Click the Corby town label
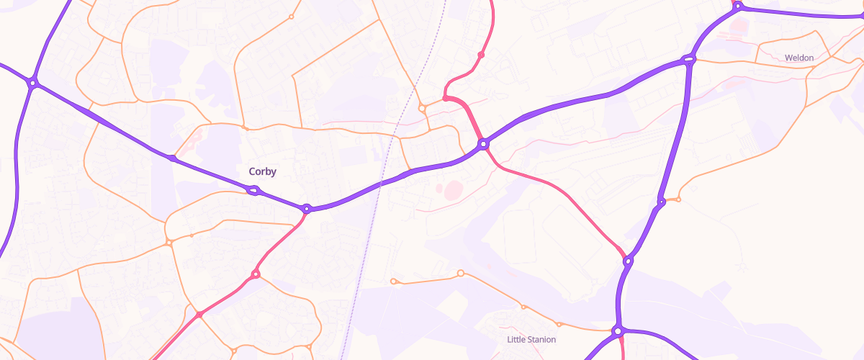[262, 171]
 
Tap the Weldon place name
[799, 58]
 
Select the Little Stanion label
[531, 339]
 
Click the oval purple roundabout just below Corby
[253, 191]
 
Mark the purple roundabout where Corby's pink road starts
[307, 209]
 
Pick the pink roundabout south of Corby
[255, 274]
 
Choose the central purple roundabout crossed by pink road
[484, 144]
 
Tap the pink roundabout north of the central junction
[481, 55]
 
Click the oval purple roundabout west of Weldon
[689, 60]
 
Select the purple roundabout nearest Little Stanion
[617, 331]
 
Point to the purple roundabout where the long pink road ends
[628, 261]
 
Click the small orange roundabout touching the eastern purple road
[678, 199]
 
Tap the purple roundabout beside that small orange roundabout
[661, 202]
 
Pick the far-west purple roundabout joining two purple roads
[32, 83]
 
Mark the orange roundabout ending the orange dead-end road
[393, 281]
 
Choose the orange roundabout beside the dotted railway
[422, 109]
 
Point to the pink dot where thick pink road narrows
[199, 315]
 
